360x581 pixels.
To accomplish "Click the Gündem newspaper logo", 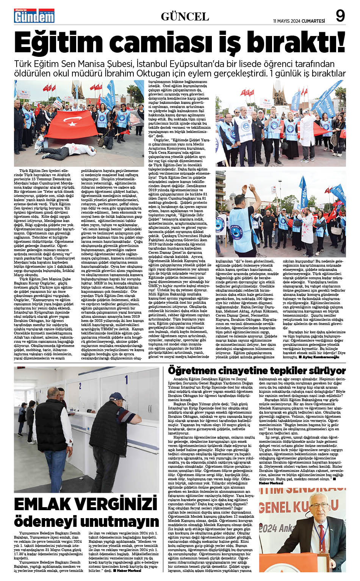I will point(34,16).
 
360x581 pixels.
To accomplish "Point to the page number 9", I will point(340,16).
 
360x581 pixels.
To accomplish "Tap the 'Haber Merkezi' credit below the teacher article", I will point(271,483).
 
